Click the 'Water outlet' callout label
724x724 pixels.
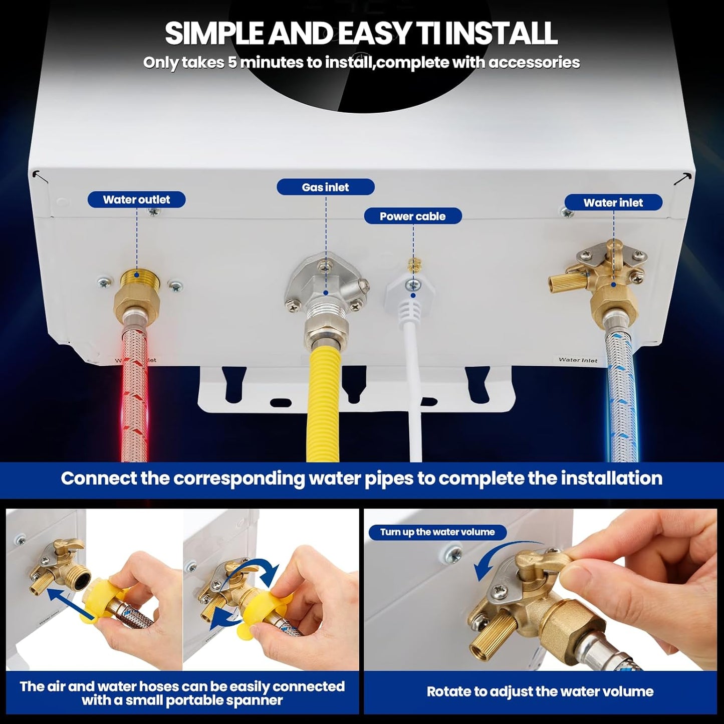click(136, 199)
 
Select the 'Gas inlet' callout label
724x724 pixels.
click(325, 187)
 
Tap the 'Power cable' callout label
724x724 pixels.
click(412, 216)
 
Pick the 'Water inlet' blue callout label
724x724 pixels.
click(613, 202)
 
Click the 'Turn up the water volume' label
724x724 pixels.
click(437, 532)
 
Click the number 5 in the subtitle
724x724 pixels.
click(231, 63)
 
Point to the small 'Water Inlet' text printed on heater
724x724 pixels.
click(578, 360)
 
